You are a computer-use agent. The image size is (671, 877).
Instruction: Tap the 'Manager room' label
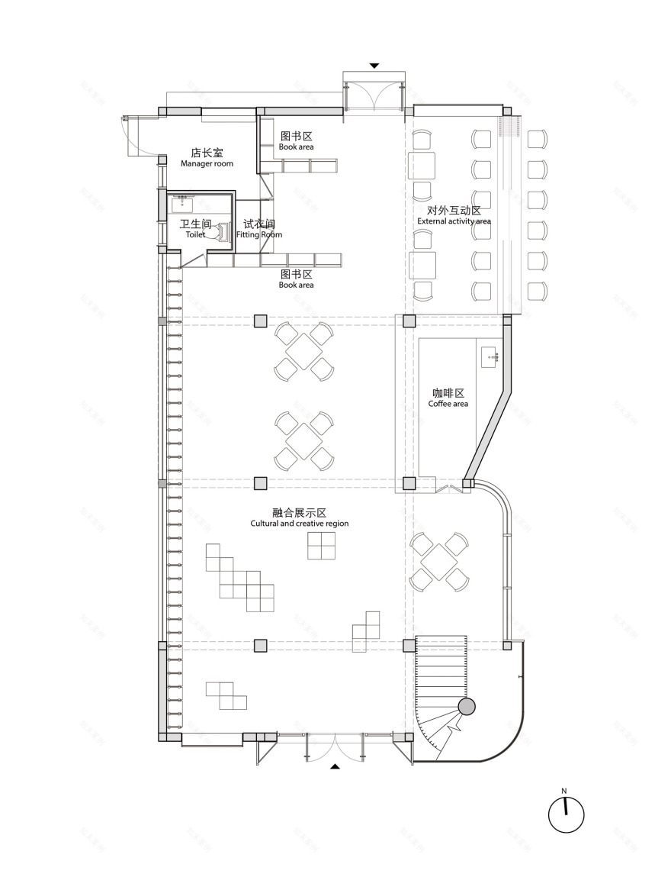click(207, 163)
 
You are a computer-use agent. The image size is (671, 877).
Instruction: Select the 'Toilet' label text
click(195, 234)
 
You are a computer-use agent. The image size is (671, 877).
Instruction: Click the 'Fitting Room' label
click(259, 234)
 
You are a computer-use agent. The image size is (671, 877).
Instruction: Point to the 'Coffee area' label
click(448, 403)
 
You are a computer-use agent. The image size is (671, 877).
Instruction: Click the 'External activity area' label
click(454, 221)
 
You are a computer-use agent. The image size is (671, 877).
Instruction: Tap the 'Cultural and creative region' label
click(300, 524)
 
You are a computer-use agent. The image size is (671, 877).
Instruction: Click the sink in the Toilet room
click(183, 204)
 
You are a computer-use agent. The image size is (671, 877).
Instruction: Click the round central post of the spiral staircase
click(467, 707)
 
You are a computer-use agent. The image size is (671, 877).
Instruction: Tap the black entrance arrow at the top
click(374, 66)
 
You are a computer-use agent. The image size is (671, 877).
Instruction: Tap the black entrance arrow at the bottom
click(335, 766)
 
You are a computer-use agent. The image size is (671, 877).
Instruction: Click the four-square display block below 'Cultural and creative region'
click(321, 545)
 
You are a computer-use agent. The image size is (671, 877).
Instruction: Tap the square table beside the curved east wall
click(439, 561)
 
